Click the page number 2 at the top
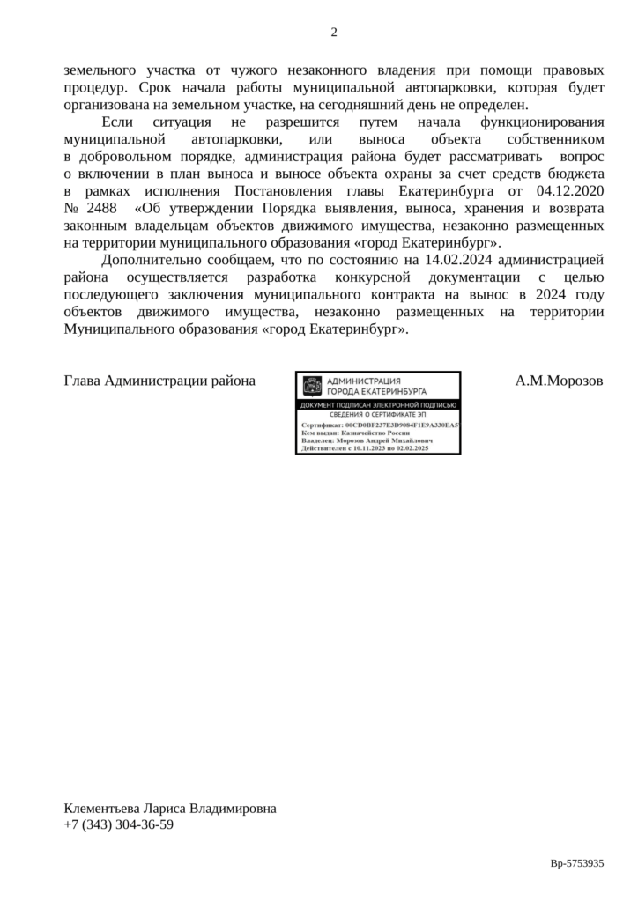333,33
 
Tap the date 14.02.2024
458,260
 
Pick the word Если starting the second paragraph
117,122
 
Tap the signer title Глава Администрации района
159,381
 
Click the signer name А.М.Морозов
560,381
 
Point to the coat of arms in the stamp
311,385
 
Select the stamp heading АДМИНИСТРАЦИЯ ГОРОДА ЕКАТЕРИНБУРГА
376,385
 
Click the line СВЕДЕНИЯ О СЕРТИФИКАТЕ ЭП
378,413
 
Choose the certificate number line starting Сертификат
379,425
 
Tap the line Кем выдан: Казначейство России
356,433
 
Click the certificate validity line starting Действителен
364,448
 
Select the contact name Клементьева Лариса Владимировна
170,808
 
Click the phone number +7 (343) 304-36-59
119,824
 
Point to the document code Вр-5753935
577,864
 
